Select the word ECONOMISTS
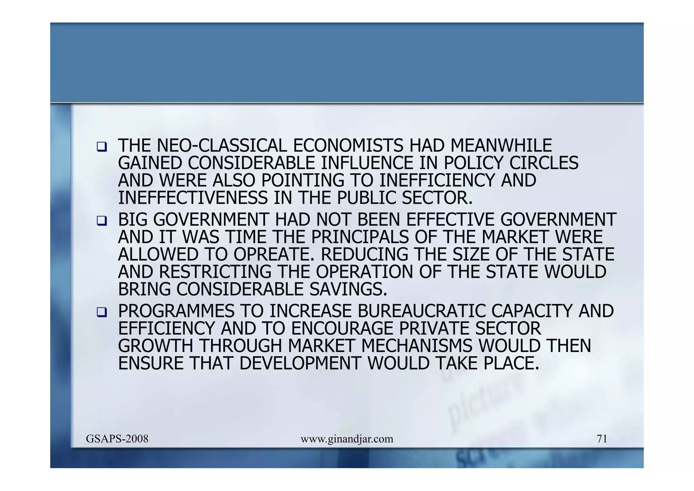tap(348, 146)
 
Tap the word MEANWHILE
tap(501, 146)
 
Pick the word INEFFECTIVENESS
tap(193, 198)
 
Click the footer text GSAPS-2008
tap(117, 439)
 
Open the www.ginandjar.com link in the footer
tap(347, 439)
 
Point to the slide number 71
tap(602, 439)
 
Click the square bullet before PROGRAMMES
tap(101, 312)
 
